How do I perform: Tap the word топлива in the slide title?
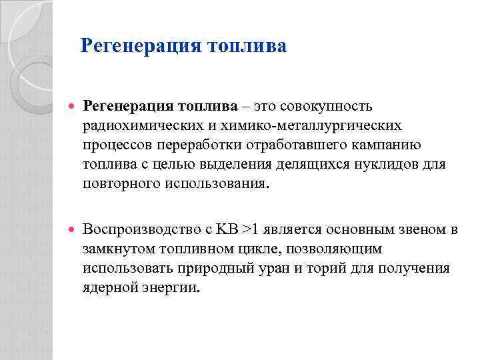pos(247,46)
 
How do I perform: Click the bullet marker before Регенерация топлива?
pos(71,106)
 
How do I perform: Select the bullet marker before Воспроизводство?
pos(71,230)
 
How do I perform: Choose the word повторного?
pos(121,183)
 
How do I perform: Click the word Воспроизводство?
pos(138,230)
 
